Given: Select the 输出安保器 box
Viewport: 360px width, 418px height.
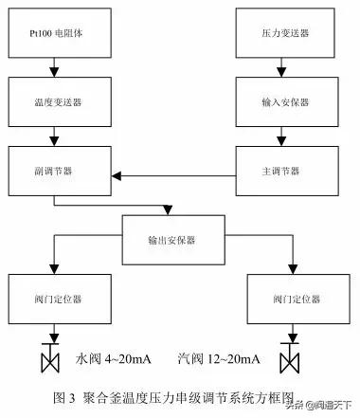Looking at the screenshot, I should coord(171,240).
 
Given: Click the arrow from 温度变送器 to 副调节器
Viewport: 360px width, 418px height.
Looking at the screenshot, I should coord(55,139).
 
